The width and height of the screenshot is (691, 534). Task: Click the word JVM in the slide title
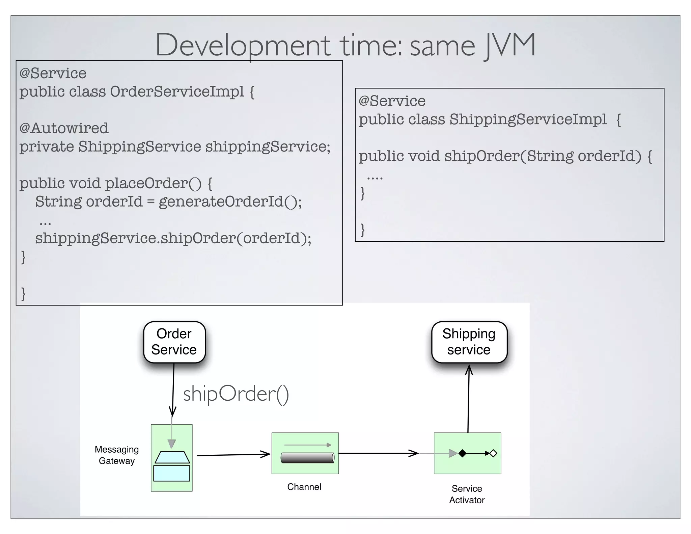pyautogui.click(x=508, y=46)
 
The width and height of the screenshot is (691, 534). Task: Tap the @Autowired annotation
pyautogui.click(x=64, y=128)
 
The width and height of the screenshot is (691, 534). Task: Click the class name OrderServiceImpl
pyautogui.click(x=177, y=91)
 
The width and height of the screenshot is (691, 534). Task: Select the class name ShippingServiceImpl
pyautogui.click(x=528, y=119)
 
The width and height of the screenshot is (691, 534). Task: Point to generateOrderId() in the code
pyautogui.click(x=230, y=202)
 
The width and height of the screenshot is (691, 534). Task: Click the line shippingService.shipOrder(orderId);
pyautogui.click(x=173, y=238)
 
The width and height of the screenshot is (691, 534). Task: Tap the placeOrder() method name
pyautogui.click(x=153, y=183)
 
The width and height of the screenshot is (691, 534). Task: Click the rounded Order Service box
pyautogui.click(x=174, y=342)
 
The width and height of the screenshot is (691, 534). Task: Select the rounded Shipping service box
pyautogui.click(x=469, y=342)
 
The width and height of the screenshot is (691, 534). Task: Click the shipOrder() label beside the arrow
pyautogui.click(x=236, y=394)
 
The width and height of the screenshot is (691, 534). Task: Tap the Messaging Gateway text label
pyautogui.click(x=117, y=455)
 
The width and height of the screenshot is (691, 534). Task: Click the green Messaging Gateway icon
pyautogui.click(x=172, y=458)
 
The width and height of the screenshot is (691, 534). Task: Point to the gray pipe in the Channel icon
pyautogui.click(x=307, y=458)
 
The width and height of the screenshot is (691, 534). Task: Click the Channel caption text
pyautogui.click(x=304, y=487)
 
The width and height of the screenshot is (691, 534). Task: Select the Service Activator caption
pyautogui.click(x=467, y=494)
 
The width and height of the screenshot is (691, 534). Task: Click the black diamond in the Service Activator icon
pyautogui.click(x=462, y=453)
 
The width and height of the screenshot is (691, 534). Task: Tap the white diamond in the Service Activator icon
pyautogui.click(x=493, y=453)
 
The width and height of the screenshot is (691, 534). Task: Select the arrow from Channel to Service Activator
pyautogui.click(x=378, y=453)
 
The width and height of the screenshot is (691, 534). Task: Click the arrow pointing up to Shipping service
pyautogui.click(x=468, y=398)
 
